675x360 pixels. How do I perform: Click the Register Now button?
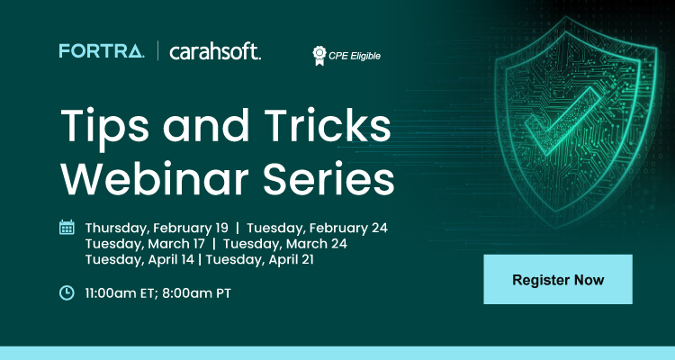(558, 279)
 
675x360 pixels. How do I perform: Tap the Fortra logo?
(101, 50)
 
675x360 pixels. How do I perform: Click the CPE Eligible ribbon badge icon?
(318, 55)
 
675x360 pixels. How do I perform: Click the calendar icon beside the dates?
(67, 227)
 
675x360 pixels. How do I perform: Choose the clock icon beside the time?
(67, 292)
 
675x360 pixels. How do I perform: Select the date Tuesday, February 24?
(317, 227)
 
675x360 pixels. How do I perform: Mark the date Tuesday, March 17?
(144, 243)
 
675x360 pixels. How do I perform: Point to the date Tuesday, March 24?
(285, 243)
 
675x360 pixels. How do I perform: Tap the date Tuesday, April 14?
(139, 259)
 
